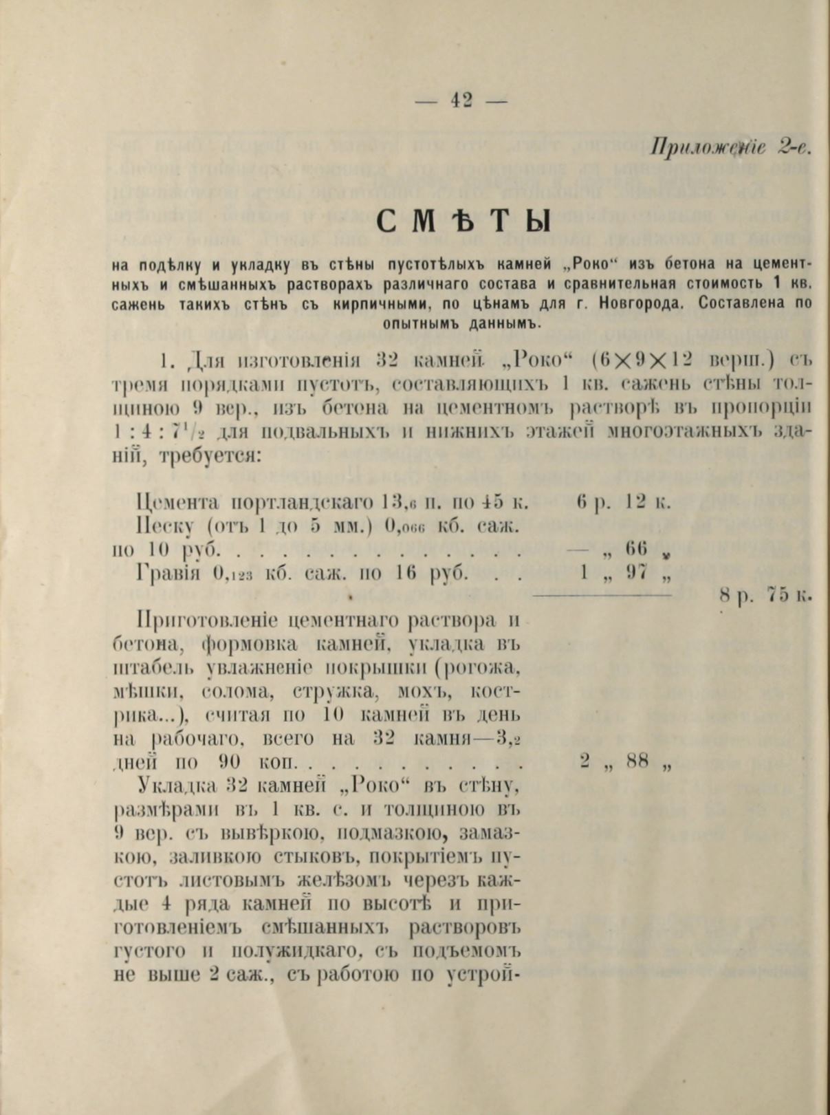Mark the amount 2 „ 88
[x=624, y=761]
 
